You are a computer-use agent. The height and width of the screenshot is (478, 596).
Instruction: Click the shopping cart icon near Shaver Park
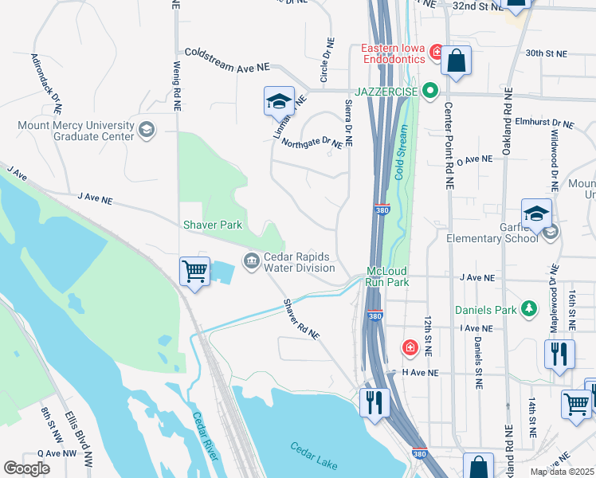(x=195, y=272)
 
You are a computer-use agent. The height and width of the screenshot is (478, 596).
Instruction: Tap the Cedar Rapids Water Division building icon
(x=252, y=261)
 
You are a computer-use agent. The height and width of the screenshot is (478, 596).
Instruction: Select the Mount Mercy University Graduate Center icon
(x=146, y=129)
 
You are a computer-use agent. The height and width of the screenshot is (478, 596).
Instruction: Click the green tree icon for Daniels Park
(x=527, y=309)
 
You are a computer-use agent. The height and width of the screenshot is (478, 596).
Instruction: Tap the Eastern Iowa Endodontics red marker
(x=436, y=53)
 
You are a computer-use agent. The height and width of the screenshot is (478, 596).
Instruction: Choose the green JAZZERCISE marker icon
(x=430, y=92)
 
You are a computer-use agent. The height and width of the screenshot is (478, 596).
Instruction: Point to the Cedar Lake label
(x=313, y=455)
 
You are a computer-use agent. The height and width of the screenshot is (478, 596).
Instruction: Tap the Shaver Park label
(x=213, y=225)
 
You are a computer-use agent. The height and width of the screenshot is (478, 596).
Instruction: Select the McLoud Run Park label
(x=387, y=276)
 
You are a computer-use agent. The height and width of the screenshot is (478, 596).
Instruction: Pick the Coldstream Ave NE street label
(x=228, y=60)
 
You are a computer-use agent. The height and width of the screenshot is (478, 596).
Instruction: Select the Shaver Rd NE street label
(x=302, y=319)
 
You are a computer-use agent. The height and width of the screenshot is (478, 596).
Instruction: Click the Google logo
(x=27, y=468)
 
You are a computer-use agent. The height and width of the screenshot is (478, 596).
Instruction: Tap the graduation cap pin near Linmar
(x=279, y=101)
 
